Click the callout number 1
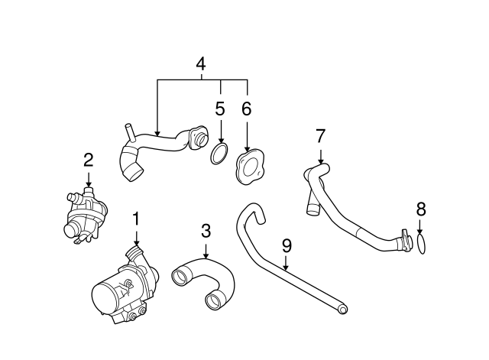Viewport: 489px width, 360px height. point(136,219)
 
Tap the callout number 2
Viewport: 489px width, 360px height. point(89,160)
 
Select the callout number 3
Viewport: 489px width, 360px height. point(206,231)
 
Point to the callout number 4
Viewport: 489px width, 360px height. point(201,64)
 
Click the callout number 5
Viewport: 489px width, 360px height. point(220,109)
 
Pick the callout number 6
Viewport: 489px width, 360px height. point(246,109)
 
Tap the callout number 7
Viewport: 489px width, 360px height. point(321,136)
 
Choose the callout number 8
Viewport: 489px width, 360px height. point(421,209)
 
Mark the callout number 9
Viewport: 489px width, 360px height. point(287,245)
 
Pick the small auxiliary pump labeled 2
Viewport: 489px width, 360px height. point(84,214)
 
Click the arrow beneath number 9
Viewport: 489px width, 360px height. point(285,262)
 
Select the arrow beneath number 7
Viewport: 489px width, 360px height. point(321,157)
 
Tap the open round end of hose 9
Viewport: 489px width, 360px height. point(342,310)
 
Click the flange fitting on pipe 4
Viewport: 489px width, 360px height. point(197,138)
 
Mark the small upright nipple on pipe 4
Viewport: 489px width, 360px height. point(129,132)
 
